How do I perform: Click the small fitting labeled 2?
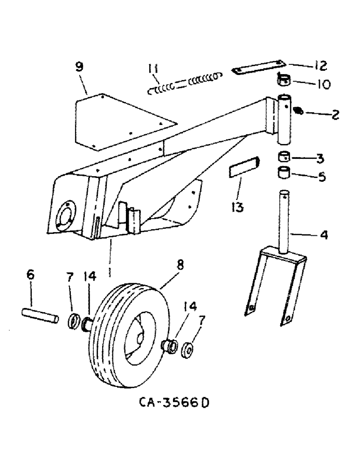(x=300, y=111)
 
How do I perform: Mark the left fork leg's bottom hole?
(x=252, y=308)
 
